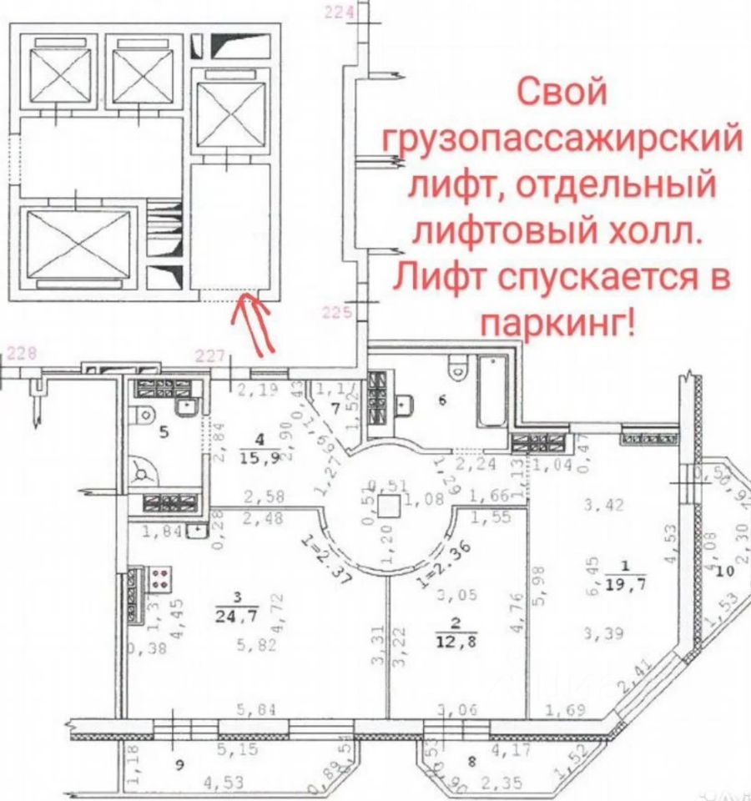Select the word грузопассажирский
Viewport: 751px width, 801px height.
click(x=561, y=137)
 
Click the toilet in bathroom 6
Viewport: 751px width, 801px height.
click(x=457, y=367)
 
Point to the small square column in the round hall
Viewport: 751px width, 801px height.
click(x=386, y=506)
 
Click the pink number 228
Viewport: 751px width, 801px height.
click(x=20, y=353)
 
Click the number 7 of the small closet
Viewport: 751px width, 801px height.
click(x=335, y=408)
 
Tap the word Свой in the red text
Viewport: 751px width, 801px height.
click(x=559, y=91)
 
